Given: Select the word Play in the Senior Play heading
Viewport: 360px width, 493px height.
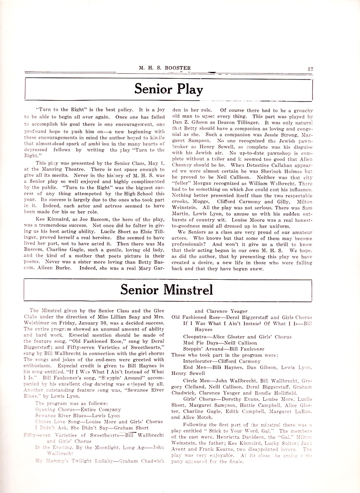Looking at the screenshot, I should point(189,89).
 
